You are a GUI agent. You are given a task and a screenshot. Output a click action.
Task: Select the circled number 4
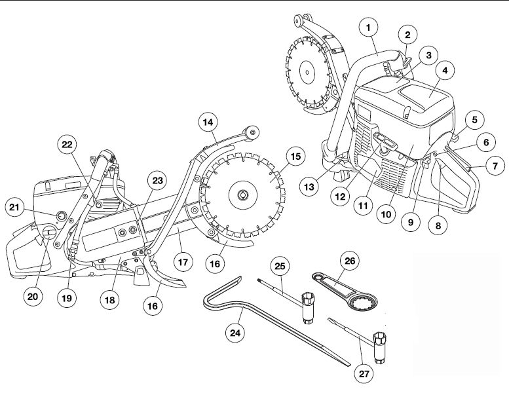tap(445, 69)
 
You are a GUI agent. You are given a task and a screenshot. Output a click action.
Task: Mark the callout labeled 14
tap(208, 122)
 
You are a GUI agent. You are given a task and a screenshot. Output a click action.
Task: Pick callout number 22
tap(66, 144)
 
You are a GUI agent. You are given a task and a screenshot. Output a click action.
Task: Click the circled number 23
tap(157, 181)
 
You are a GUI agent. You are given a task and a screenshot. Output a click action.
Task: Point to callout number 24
tap(235, 332)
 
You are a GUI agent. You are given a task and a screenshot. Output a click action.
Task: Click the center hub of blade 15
tap(243, 194)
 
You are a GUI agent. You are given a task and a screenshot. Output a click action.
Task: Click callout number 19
tap(66, 298)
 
